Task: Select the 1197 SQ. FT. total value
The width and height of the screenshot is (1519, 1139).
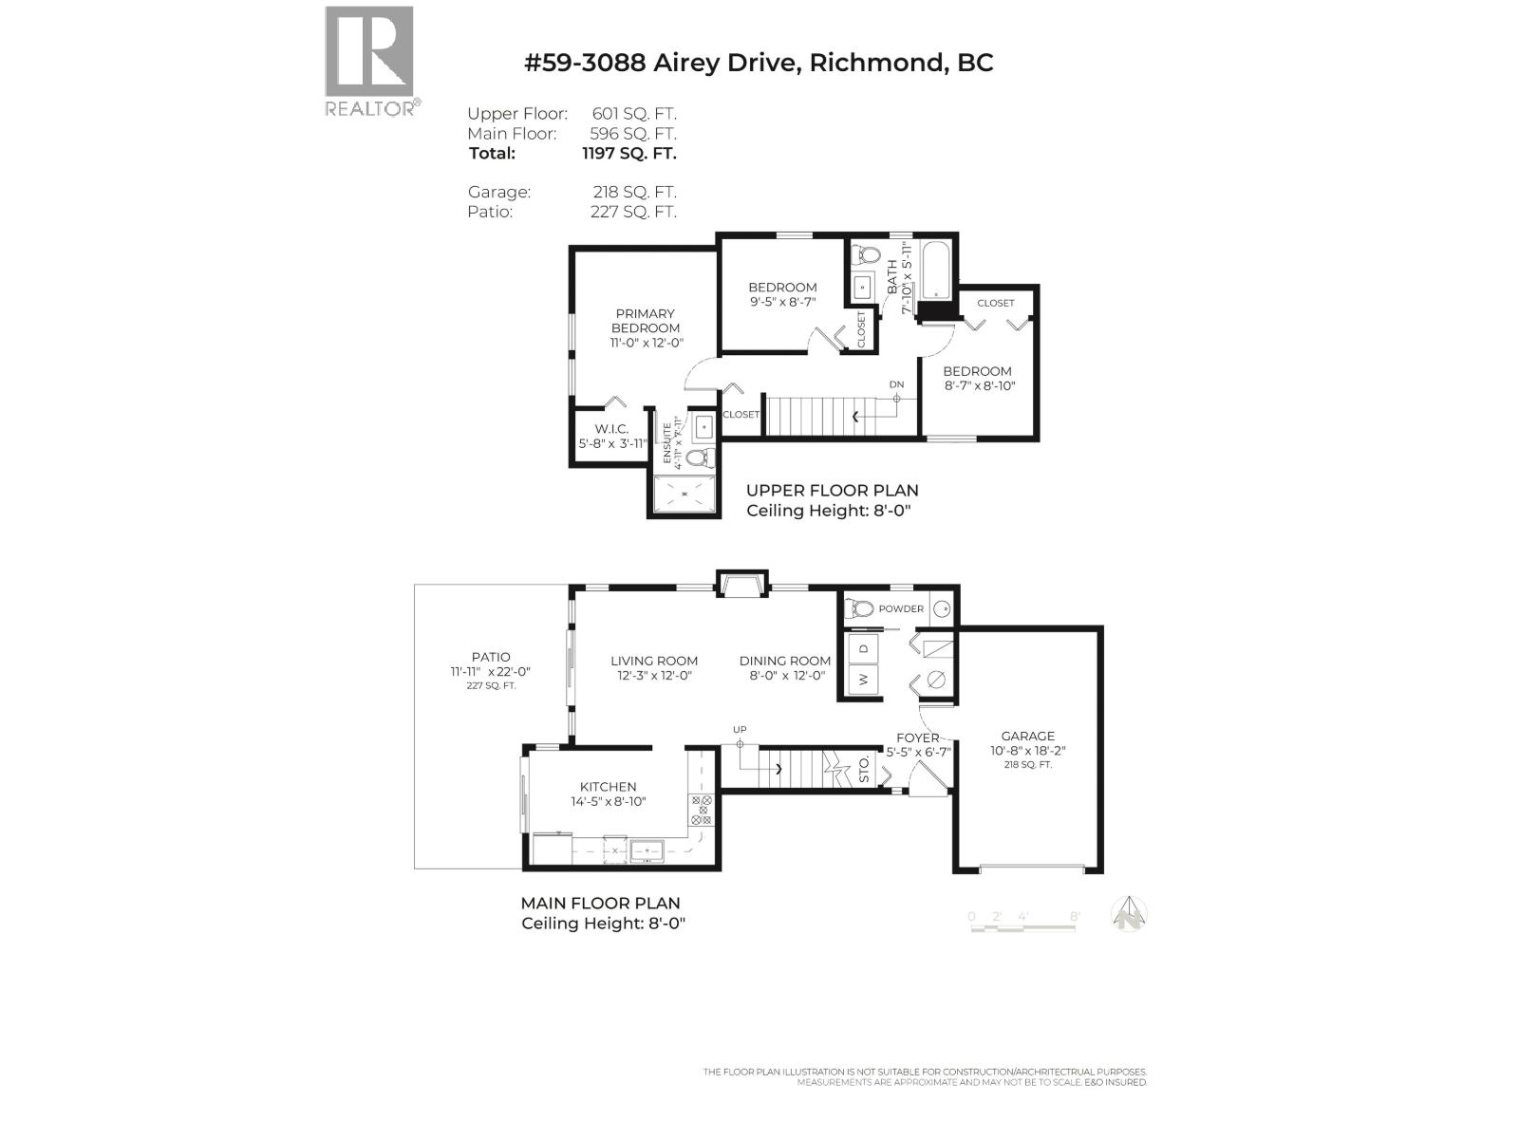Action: click(x=628, y=153)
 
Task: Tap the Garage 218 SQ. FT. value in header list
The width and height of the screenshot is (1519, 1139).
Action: click(x=634, y=192)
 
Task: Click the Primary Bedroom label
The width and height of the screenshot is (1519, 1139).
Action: click(x=645, y=321)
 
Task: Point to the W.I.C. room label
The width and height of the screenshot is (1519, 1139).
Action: click(x=611, y=429)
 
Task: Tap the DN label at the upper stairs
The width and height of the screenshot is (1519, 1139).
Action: click(x=896, y=384)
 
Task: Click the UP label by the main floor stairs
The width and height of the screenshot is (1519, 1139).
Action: click(x=740, y=729)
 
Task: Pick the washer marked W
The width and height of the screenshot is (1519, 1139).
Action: click(x=864, y=679)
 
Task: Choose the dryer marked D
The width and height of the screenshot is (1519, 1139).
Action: click(x=864, y=648)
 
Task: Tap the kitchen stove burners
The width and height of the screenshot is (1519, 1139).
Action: click(x=702, y=810)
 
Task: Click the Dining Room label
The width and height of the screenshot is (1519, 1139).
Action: click(x=784, y=661)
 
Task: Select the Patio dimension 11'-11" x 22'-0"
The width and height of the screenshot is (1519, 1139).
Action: click(x=491, y=671)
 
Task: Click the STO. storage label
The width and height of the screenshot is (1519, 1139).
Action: click(x=864, y=770)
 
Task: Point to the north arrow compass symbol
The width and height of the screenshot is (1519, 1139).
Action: click(x=1130, y=915)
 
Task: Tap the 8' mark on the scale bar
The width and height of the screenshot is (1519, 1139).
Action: click(x=1075, y=916)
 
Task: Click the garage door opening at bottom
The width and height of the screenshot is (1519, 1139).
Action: click(x=1030, y=868)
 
